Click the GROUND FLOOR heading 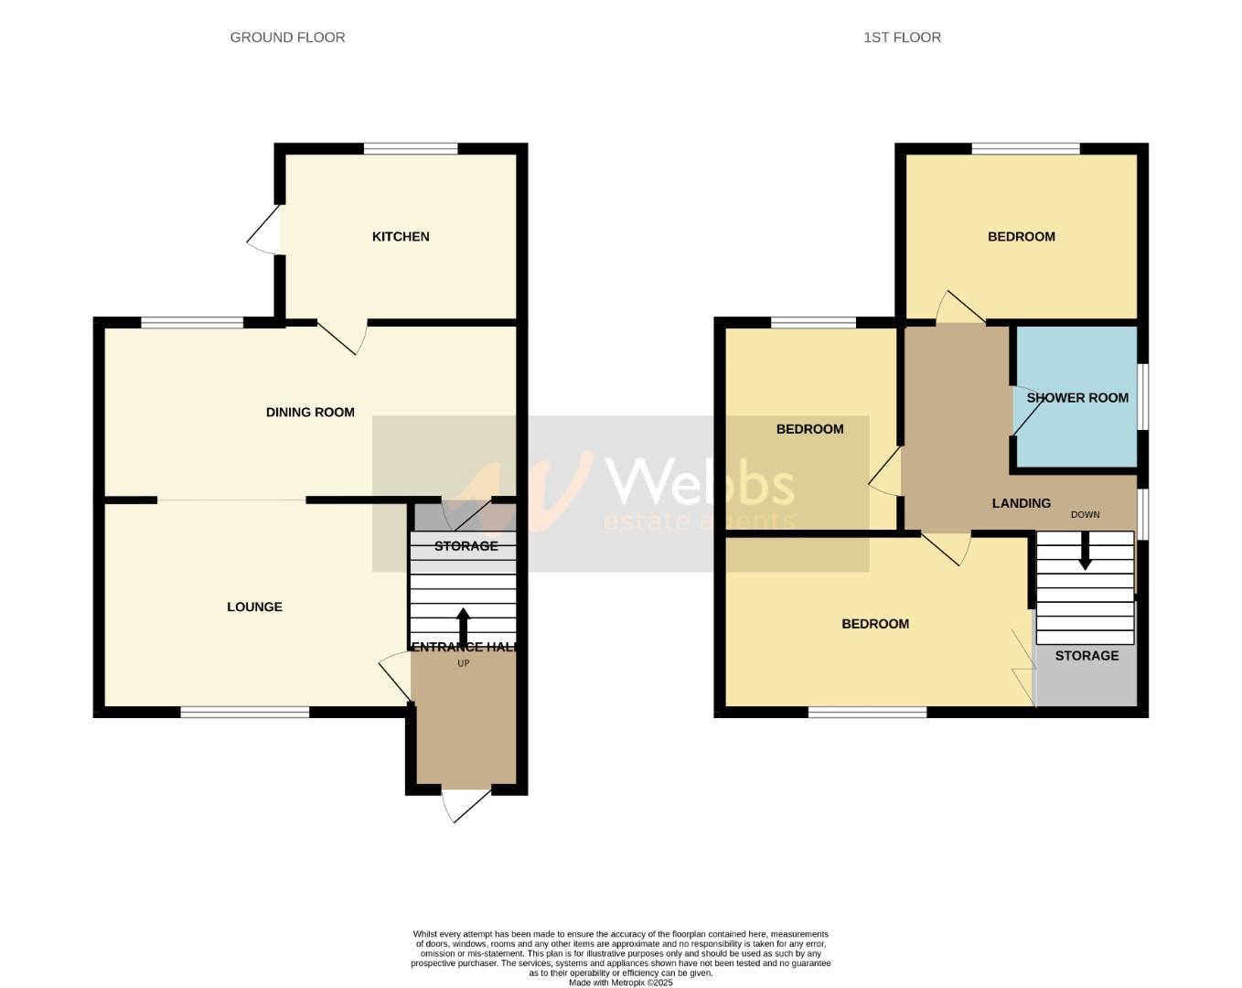tap(287, 38)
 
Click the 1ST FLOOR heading tap(902, 38)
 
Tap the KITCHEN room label tap(401, 237)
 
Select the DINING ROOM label tap(310, 413)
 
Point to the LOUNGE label tap(254, 607)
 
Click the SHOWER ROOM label tap(1077, 398)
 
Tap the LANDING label tap(1022, 503)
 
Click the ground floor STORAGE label tap(466, 546)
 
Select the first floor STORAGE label tap(1087, 656)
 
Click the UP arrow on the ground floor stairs tap(463, 627)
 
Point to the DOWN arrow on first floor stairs tap(1085, 552)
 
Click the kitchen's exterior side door tap(265, 231)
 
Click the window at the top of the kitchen tap(411, 148)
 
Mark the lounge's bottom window tap(244, 712)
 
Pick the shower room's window tap(1142, 396)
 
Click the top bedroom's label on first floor tap(1021, 237)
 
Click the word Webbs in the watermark tap(700, 480)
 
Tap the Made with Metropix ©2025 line tap(620, 983)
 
